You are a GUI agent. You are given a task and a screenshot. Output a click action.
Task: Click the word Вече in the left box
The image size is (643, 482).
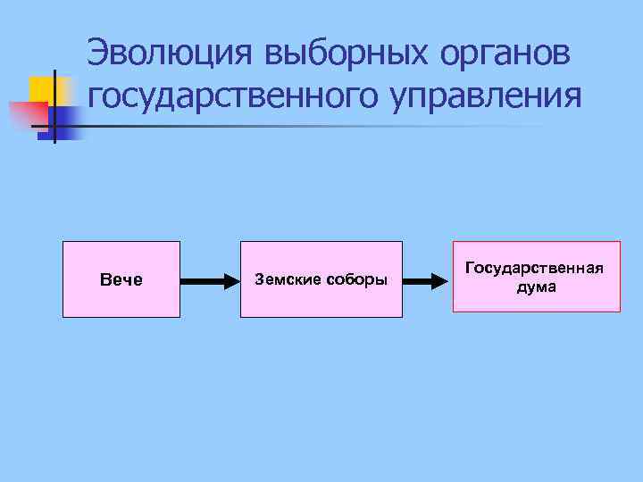click(x=121, y=280)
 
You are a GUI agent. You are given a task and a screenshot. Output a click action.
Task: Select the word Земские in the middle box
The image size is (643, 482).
click(x=287, y=280)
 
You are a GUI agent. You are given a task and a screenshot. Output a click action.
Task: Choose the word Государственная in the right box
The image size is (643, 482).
click(x=536, y=269)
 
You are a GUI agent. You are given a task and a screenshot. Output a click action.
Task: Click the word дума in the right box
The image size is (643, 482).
click(x=536, y=287)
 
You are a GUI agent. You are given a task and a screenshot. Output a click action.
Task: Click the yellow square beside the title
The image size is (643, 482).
click(x=41, y=89)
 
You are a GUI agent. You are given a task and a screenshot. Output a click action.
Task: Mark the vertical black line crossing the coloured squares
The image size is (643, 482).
click(x=54, y=105)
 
